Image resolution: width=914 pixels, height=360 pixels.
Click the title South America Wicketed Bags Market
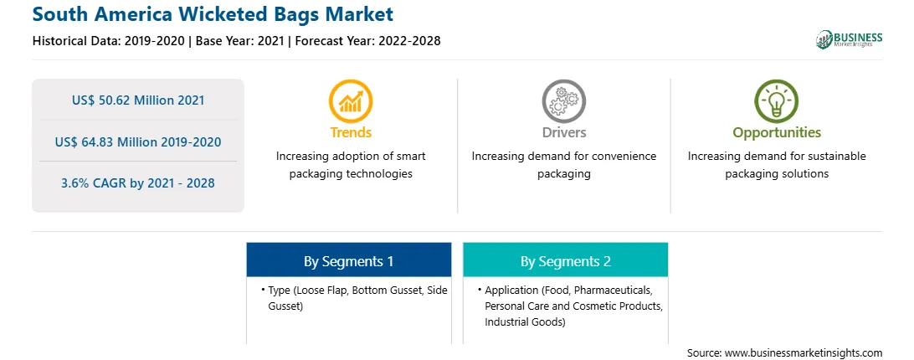pyautogui.click(x=213, y=13)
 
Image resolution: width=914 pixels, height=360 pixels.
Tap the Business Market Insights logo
pyautogui.click(x=850, y=39)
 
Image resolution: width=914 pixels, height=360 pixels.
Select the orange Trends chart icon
pyautogui.click(x=351, y=101)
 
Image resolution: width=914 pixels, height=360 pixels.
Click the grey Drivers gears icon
pyautogui.click(x=563, y=101)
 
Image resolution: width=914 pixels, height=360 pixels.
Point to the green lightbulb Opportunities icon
pyautogui.click(x=777, y=101)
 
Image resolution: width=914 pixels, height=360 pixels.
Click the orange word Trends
pyautogui.click(x=351, y=132)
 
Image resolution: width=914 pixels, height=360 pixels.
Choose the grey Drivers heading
pyautogui.click(x=564, y=132)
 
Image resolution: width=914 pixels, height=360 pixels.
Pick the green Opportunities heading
pyautogui.click(x=777, y=133)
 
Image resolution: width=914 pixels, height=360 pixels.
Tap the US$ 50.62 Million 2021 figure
pyautogui.click(x=138, y=100)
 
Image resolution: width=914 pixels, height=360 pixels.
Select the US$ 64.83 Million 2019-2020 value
pyautogui.click(x=138, y=141)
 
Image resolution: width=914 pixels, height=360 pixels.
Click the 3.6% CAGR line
pyautogui.click(x=138, y=183)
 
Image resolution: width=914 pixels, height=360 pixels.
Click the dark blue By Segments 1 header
pyautogui.click(x=348, y=260)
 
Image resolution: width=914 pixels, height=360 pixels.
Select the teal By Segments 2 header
pyautogui.click(x=566, y=260)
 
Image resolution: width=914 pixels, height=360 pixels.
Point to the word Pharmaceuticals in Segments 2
pyautogui.click(x=618, y=290)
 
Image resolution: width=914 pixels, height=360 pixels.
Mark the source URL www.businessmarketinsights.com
pyautogui.click(x=804, y=353)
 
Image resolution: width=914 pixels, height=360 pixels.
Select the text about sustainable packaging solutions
pyautogui.click(x=777, y=165)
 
